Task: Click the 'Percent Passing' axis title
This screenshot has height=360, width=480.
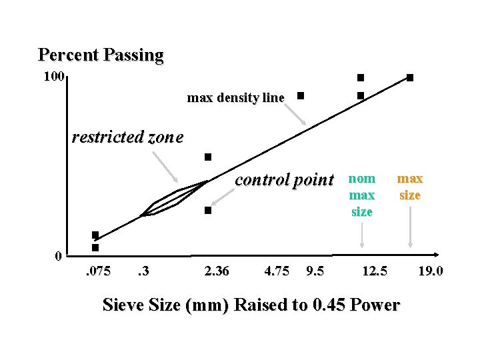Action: point(101,55)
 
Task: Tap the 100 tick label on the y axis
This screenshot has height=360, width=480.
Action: point(53,77)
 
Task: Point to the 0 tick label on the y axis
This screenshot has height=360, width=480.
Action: point(59,256)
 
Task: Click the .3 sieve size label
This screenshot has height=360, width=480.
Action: point(142,271)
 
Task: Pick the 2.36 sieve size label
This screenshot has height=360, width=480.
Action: point(217,271)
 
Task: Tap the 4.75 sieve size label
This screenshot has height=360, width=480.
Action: point(277,271)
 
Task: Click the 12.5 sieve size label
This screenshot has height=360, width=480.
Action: point(374,271)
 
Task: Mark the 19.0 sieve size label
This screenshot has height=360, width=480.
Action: point(431,271)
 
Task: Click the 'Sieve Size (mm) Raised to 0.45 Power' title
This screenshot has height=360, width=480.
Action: point(251,305)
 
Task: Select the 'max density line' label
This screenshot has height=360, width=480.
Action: point(235,98)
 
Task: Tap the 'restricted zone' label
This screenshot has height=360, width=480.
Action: point(127,137)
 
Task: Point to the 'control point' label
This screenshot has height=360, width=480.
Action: point(284,179)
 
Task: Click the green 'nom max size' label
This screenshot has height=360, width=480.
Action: point(362,195)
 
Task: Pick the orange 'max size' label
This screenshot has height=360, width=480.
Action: point(410,187)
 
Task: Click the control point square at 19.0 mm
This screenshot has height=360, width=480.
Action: point(410,78)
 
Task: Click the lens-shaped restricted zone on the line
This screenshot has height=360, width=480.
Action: point(175,199)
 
